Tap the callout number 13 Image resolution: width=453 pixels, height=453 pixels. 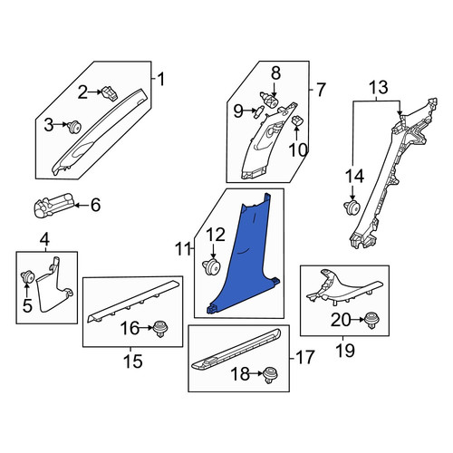379,87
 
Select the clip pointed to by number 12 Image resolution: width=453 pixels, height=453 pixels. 211,266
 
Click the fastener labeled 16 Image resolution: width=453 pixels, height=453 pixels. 160,330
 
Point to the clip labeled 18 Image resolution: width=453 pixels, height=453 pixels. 271,375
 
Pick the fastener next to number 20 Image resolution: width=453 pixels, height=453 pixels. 371,321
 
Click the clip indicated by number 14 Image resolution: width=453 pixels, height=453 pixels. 352,207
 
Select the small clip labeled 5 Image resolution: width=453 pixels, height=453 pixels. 27,276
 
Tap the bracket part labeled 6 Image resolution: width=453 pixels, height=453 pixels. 53,206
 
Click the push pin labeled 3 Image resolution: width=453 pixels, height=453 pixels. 74,126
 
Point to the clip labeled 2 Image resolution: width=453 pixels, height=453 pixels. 110,92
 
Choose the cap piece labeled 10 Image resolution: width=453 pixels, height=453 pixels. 297,120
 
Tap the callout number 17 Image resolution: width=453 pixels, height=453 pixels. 304,358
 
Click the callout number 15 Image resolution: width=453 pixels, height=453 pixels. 133,361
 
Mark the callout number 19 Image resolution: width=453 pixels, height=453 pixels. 345,351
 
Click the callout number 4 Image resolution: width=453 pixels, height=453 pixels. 44,240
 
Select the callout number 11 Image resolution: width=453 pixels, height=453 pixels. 183,249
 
